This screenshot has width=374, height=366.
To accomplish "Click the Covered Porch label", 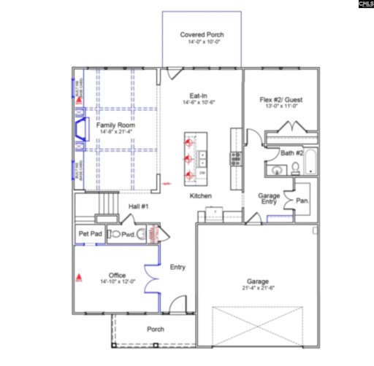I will pos(202,35).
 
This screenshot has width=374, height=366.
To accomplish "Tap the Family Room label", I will pos(115,125).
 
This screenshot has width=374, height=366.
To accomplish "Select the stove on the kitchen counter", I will pos(235,156).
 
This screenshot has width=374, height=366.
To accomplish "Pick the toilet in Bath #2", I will pos(294,168).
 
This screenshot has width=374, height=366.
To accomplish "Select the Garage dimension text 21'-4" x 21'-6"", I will pos(257,289).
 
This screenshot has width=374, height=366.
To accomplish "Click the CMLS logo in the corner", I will pos(365,4).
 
